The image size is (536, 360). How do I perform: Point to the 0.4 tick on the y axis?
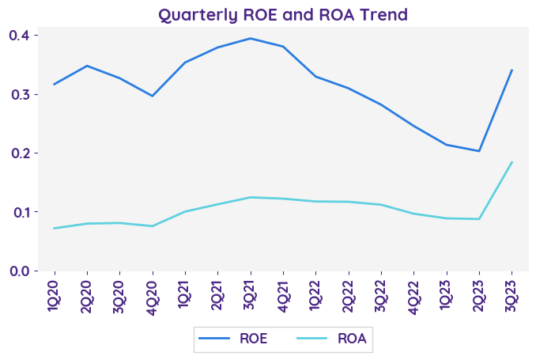[19, 36]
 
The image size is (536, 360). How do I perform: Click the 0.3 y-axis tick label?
[19, 94]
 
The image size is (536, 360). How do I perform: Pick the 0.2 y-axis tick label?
[19, 153]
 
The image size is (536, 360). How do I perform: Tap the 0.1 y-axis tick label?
[19, 212]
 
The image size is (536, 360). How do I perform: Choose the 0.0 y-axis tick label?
[19, 271]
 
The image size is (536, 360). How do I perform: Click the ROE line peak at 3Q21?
[250, 38]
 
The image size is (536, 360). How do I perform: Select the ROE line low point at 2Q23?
[479, 151]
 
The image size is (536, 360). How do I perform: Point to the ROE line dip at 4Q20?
[152, 96]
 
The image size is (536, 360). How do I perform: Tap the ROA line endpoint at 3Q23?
[511, 162]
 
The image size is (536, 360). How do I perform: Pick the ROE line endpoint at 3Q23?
[511, 70]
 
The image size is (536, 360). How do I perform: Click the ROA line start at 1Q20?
[54, 228]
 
